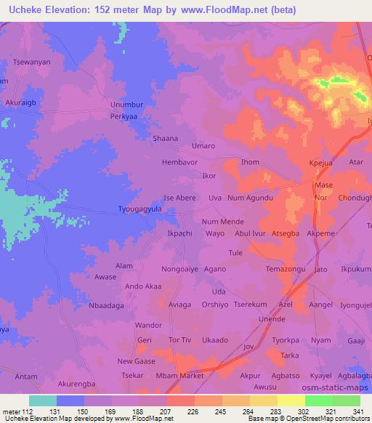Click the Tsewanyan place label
click(x=28, y=63)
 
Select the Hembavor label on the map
click(x=179, y=162)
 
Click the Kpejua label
click(x=320, y=164)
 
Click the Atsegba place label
click(x=285, y=234)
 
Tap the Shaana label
click(x=165, y=138)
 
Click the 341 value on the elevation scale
click(x=357, y=411)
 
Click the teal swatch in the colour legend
click(x=42, y=400)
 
